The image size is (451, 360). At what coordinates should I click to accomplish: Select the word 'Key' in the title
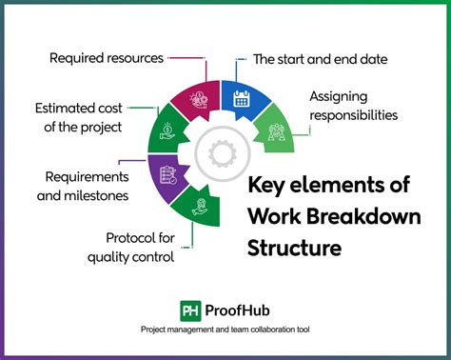pyautogui.click(x=270, y=186)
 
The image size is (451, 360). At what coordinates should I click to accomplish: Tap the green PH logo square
pyautogui.click(x=190, y=310)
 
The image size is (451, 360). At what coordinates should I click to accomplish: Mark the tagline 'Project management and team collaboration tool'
pyautogui.click(x=225, y=330)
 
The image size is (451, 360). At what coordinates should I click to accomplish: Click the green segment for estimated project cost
pyautogui.click(x=168, y=129)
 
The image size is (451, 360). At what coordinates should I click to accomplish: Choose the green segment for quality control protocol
pyautogui.click(x=202, y=206)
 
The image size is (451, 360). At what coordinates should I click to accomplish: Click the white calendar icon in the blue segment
pyautogui.click(x=239, y=96)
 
